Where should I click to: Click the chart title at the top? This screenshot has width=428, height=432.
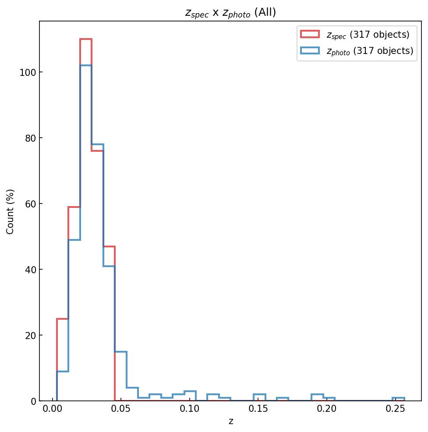coord(230,13)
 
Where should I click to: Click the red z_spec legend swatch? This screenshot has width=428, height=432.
coord(310,34)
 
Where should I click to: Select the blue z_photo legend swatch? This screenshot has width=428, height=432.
coord(310,51)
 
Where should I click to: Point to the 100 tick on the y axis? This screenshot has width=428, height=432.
coord(27,72)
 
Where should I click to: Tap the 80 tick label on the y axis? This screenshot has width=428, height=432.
coord(29,138)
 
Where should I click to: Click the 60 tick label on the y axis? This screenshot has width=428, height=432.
coord(29,204)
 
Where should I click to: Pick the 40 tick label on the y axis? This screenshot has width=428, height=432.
coord(29,270)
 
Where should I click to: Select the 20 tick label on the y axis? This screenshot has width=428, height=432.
coord(29,336)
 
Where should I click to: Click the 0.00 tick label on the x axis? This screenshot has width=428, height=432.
coord(53,411)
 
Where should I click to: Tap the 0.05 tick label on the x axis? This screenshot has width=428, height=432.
coord(121,411)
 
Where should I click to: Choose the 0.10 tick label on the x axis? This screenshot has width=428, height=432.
coord(190,411)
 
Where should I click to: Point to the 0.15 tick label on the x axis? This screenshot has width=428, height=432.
coord(258,411)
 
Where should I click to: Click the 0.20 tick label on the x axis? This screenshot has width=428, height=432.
coord(327,411)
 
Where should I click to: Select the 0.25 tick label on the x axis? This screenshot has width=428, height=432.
coord(395,411)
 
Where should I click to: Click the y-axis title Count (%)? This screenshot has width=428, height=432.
coord(11,211)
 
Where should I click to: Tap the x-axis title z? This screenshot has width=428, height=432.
coord(230,422)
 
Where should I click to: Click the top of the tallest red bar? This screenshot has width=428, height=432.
coord(86,39)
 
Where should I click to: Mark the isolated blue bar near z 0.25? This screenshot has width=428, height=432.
coord(398,398)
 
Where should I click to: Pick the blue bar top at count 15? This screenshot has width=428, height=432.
coord(120,352)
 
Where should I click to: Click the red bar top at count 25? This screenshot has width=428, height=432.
coord(63,319)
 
